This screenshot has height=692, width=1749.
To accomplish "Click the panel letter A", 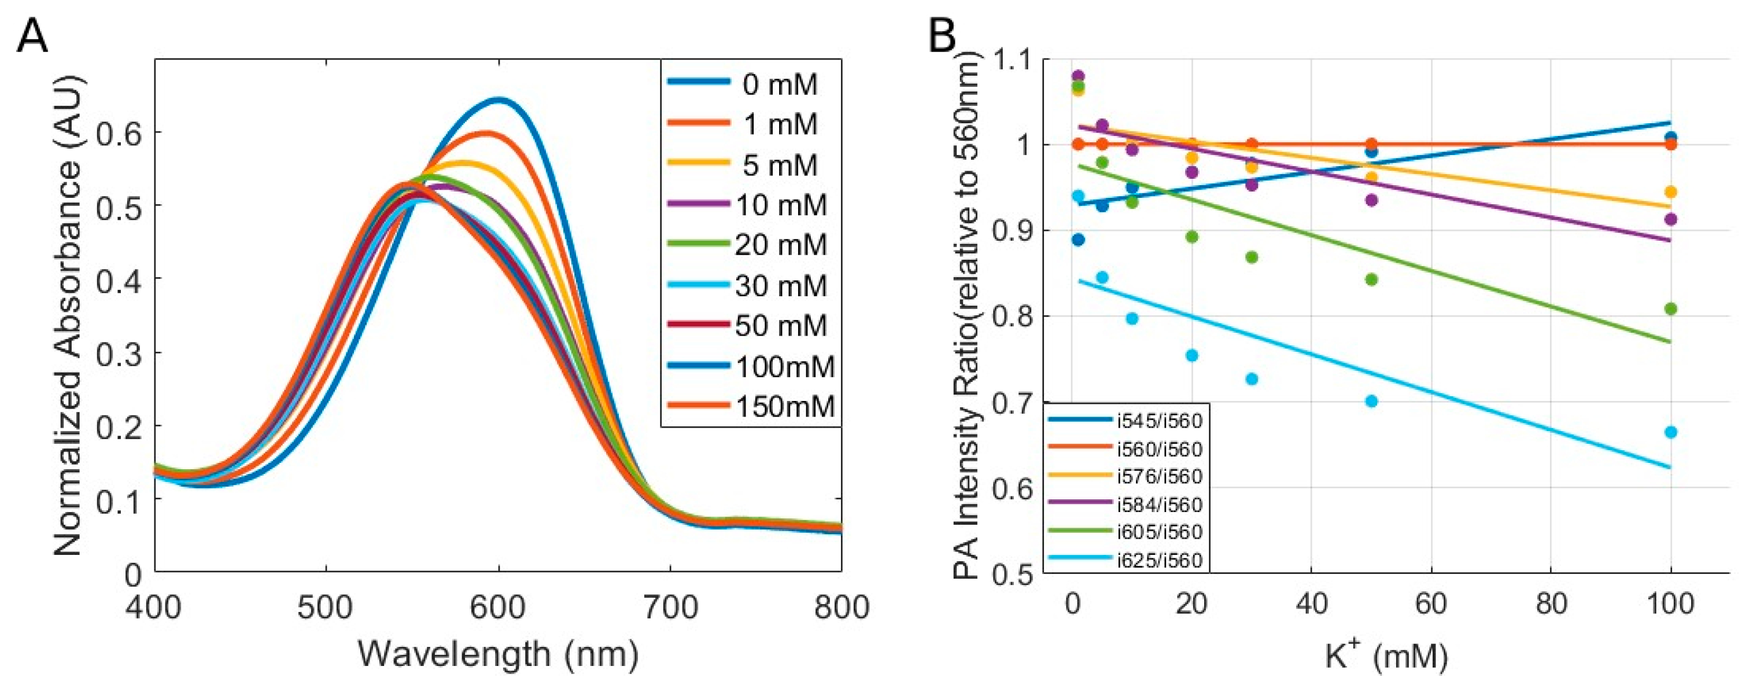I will point(32,35).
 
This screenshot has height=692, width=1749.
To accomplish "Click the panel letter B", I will point(942,35).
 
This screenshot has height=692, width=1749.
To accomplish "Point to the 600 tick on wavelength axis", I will point(499,606).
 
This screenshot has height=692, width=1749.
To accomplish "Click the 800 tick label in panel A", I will point(840,606).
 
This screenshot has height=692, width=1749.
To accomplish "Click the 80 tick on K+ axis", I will point(1551,603).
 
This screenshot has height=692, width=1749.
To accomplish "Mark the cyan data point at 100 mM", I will point(1671,432).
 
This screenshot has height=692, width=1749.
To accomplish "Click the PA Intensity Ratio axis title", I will point(968,315).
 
